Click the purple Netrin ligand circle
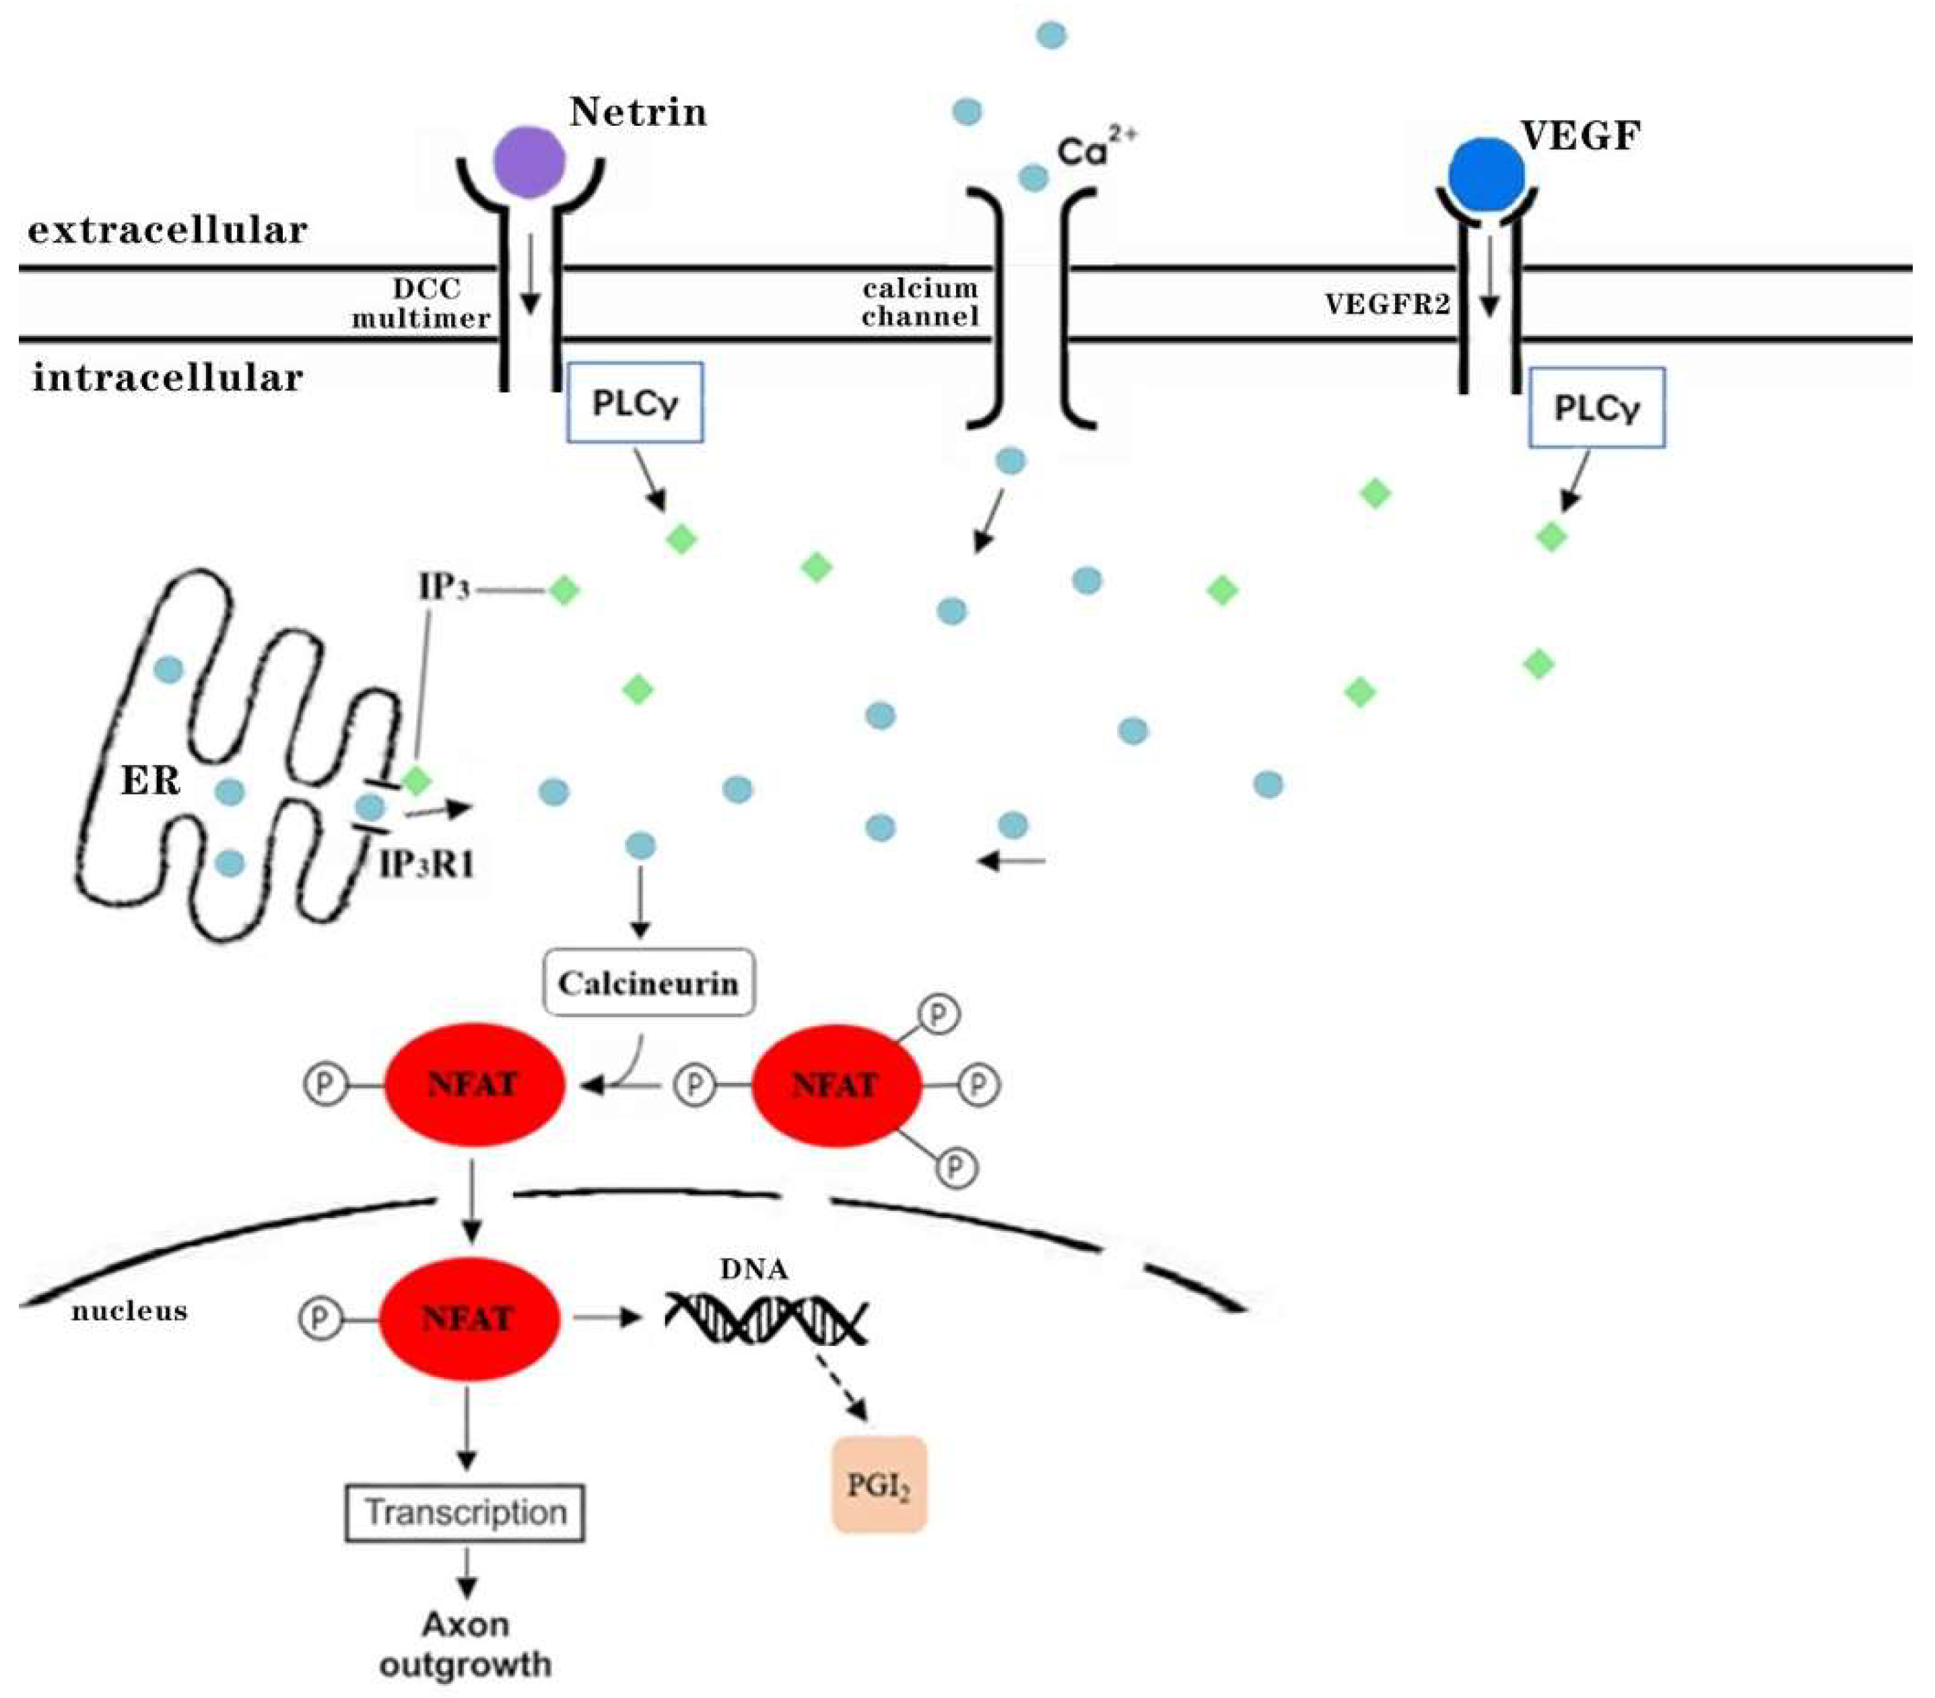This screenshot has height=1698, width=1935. click(x=529, y=163)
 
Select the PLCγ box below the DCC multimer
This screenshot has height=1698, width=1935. click(x=635, y=402)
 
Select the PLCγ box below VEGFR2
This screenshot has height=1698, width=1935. click(x=1596, y=408)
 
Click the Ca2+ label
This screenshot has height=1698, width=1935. click(x=1093, y=149)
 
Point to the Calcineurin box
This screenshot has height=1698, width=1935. click(x=648, y=983)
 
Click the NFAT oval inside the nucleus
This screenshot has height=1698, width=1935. click(x=469, y=1318)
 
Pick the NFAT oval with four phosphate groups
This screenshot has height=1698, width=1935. click(x=836, y=1085)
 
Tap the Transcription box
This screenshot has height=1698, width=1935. click(x=465, y=1512)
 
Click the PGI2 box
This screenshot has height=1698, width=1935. click(x=879, y=1486)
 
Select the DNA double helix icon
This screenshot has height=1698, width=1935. click(x=765, y=1318)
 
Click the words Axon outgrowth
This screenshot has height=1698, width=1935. click(x=465, y=1644)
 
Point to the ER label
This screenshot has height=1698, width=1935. click(x=149, y=781)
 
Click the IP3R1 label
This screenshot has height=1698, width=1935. click(x=426, y=863)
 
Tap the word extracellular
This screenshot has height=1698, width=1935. click(x=168, y=230)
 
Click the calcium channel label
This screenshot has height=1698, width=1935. click(x=919, y=302)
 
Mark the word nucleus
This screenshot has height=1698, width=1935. click(x=129, y=1311)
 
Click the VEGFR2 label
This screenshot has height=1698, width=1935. click(x=1387, y=304)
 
